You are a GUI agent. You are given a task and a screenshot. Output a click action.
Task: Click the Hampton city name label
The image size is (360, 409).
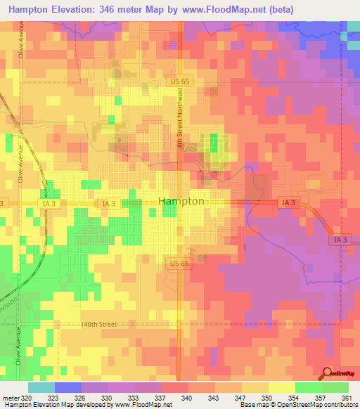point(181,201)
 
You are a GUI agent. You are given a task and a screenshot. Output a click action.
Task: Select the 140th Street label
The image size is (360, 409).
point(116,325)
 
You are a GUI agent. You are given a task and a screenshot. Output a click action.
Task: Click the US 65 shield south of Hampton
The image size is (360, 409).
point(178,262)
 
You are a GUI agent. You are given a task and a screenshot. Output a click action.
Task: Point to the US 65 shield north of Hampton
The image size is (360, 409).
point(178,82)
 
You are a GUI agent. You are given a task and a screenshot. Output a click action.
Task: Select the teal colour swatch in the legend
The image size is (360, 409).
point(41,387)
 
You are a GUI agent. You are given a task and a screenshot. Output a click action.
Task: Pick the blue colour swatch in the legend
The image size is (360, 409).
point(67,387)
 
